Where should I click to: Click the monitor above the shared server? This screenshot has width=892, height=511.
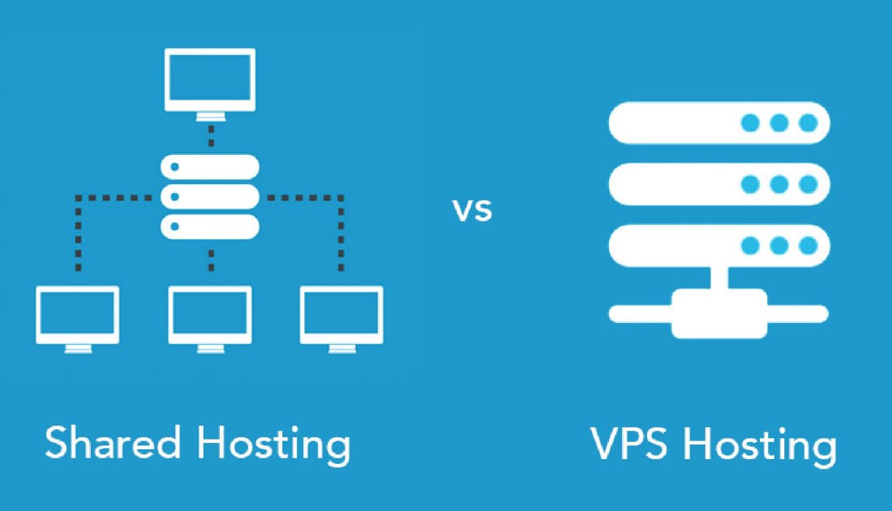(x=210, y=80)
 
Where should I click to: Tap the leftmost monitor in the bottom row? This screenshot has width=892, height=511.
(x=78, y=316)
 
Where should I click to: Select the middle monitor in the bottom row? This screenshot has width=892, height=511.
(x=210, y=316)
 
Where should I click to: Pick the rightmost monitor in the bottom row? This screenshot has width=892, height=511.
(x=341, y=316)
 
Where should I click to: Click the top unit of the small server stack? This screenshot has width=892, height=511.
(x=210, y=167)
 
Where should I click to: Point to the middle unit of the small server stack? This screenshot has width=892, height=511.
(x=210, y=196)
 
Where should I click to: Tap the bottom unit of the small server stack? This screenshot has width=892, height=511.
(x=210, y=225)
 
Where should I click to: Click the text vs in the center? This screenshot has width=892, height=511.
(x=472, y=211)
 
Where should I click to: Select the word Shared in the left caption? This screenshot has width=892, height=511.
(x=112, y=444)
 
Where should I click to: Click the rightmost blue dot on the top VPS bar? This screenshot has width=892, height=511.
(x=808, y=122)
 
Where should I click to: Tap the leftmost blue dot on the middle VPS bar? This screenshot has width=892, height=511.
(x=751, y=184)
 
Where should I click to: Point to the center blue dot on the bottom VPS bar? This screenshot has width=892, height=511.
(x=779, y=245)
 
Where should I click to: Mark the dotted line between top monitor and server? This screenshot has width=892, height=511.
(x=211, y=135)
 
